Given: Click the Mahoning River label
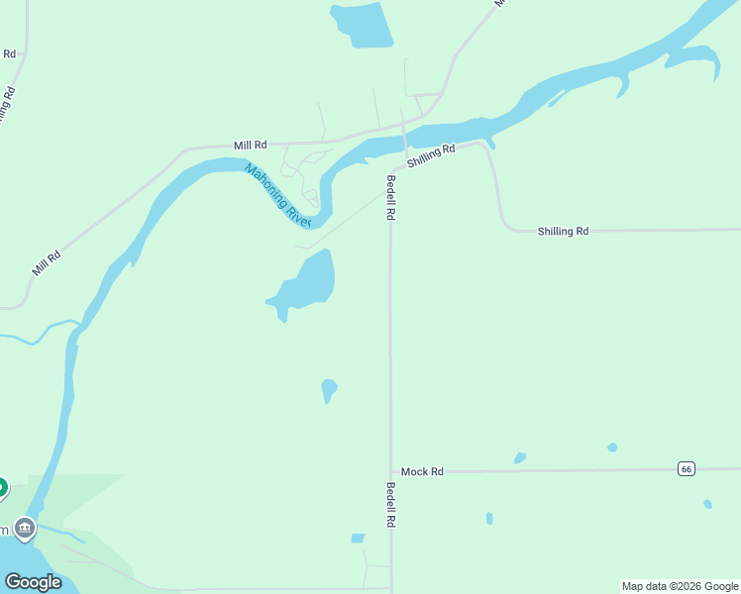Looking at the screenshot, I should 278,195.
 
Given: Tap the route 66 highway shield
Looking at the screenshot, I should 686,469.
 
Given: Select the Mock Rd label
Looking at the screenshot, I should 422,472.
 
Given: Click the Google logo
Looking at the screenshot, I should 33,582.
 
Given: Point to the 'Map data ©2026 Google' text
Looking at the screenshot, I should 680,586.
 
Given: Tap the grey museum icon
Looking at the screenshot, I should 25,527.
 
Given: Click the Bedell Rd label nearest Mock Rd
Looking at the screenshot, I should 391,504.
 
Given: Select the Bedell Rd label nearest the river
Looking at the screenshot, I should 391,197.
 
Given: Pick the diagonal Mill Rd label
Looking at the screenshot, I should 47,262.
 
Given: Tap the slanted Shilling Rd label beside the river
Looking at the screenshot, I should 430,155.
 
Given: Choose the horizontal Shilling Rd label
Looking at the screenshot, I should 563,231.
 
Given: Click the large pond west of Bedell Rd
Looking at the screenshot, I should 308,281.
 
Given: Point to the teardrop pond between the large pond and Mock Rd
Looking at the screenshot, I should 329,389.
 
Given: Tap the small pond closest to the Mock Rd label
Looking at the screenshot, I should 520,458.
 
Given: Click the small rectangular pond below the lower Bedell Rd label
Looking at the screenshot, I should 358,539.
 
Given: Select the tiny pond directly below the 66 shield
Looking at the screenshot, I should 707,504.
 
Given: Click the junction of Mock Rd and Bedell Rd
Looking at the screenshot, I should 391,472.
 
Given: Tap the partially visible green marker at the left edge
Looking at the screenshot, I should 2,487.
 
